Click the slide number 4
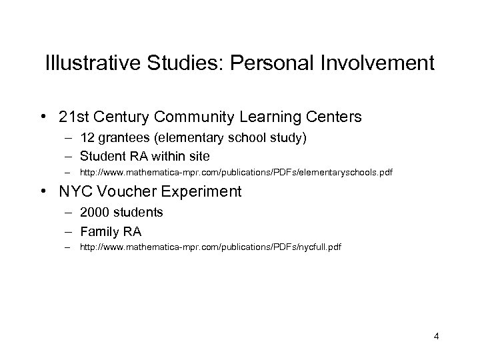click(436, 335)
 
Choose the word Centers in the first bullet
click(329, 117)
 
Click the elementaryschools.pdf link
click(236, 173)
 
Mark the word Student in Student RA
click(101, 157)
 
